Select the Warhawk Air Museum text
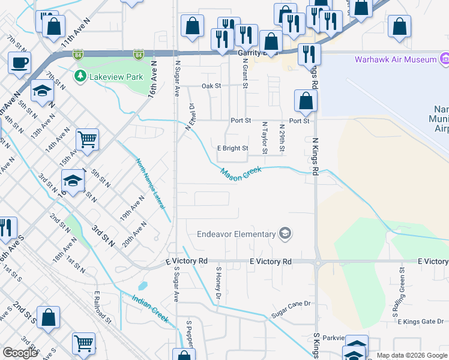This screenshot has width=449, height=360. (395, 59)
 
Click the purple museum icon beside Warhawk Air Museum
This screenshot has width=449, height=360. (444, 59)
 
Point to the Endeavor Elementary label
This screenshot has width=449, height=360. (237, 234)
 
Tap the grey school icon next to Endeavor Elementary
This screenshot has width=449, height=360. (285, 234)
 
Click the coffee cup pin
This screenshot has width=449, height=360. (20, 62)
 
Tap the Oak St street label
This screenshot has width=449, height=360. (211, 86)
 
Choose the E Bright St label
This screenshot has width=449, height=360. (232, 148)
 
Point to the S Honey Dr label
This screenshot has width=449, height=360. (220, 283)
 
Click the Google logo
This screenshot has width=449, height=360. (20, 353)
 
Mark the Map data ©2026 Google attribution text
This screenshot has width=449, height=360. (411, 356)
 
